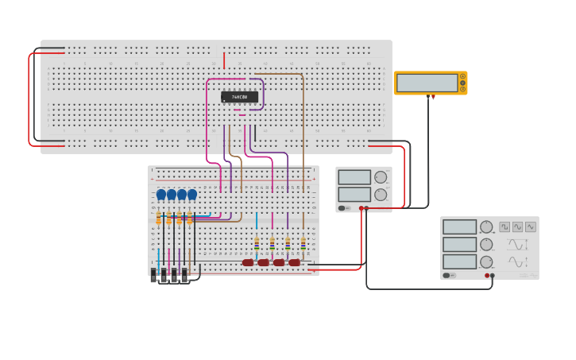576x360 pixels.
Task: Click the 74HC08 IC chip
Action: coord(239,97)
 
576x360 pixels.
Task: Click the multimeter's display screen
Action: coord(427,83)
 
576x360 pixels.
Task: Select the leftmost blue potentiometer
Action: coord(161,195)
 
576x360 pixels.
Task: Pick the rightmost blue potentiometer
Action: coord(191,195)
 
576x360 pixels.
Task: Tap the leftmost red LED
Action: coord(248,262)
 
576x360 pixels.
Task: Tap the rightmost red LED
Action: coord(295,262)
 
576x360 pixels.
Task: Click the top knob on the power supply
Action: coord(381,177)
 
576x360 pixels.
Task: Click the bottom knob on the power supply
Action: coord(381,195)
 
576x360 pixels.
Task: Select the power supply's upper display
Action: coord(354,177)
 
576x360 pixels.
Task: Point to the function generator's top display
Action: coord(459,227)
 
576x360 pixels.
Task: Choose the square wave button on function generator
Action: coord(504,226)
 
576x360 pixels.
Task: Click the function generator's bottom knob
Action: coord(486,262)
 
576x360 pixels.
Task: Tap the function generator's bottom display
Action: coord(459,261)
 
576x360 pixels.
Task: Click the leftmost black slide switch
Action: coord(154,277)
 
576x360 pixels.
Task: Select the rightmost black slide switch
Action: coord(184,277)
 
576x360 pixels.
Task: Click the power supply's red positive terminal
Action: coord(366,208)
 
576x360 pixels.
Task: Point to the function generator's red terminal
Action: coord(487,276)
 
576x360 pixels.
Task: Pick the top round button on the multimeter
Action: coord(462,77)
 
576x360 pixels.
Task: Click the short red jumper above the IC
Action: coord(224,60)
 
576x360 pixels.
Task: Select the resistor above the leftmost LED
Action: coord(256,244)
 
